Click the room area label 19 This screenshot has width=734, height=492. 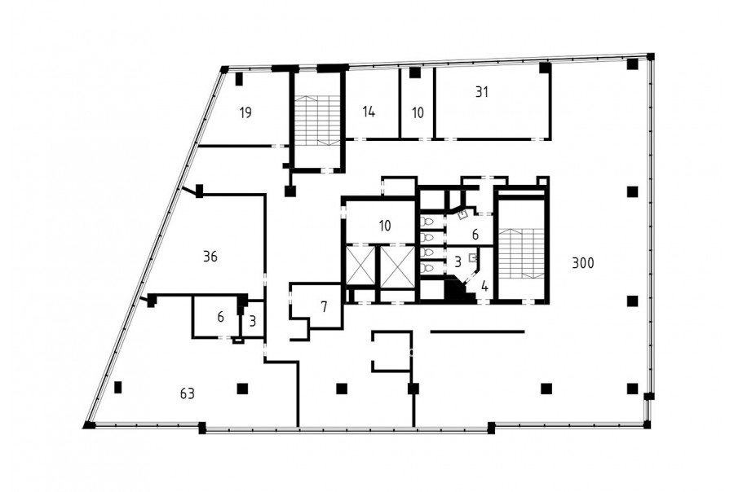point(245,112)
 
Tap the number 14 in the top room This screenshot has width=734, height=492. point(369,112)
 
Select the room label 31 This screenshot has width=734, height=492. point(482,92)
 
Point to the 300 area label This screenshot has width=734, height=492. point(583,263)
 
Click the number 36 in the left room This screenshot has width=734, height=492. point(210,257)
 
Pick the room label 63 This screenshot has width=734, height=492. point(188,393)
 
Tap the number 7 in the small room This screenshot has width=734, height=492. point(324,307)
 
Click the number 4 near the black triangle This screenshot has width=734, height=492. point(484,286)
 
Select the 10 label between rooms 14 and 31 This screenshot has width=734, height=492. point(418,112)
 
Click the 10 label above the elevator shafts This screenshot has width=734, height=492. point(385,226)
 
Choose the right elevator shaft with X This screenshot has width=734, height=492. point(397,266)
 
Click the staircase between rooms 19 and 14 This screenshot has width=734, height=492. point(318,121)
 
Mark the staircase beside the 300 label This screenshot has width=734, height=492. point(521,254)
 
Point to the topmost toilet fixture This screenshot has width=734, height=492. point(426,222)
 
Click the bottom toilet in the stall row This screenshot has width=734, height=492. point(426,269)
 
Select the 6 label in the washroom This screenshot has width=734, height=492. point(475,235)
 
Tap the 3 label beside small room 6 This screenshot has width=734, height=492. point(253,322)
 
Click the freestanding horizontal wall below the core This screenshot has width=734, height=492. point(477,332)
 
